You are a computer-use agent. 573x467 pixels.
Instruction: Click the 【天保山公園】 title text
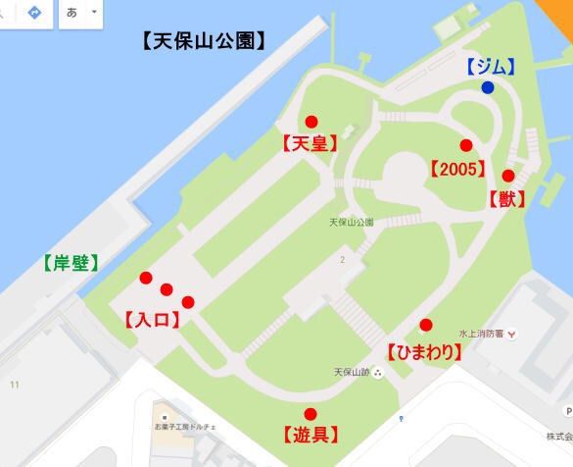pyautogui.click(x=204, y=41)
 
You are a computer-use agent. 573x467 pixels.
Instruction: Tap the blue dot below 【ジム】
pyautogui.click(x=487, y=87)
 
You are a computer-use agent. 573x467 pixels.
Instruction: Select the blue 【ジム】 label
pyautogui.click(x=490, y=67)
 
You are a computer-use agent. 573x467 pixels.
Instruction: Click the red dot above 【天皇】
pyautogui.click(x=311, y=122)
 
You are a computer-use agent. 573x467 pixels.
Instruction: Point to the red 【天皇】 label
pyautogui.click(x=310, y=143)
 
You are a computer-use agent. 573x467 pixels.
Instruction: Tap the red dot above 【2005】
pyautogui.click(x=466, y=145)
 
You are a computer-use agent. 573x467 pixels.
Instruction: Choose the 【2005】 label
pyautogui.click(x=457, y=168)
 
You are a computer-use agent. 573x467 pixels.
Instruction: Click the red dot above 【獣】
pyautogui.click(x=507, y=177)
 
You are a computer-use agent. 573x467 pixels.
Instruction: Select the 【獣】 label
pyautogui.click(x=506, y=199)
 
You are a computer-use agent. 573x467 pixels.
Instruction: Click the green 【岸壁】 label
pyautogui.click(x=70, y=263)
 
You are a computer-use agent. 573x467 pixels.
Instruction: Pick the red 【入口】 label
pyautogui.click(x=152, y=319)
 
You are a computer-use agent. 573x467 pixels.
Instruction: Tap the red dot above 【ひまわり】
pyautogui.click(x=426, y=326)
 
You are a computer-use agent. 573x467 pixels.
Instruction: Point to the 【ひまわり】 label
pyautogui.click(x=423, y=351)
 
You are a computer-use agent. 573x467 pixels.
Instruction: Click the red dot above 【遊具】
pyautogui.click(x=310, y=413)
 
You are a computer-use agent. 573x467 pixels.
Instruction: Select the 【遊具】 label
pyautogui.click(x=310, y=435)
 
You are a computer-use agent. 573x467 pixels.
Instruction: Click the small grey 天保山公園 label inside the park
pyautogui.click(x=351, y=223)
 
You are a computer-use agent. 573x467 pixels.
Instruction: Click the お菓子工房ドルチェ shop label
pyautogui.click(x=186, y=428)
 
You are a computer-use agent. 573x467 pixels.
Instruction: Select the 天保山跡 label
pyautogui.click(x=351, y=373)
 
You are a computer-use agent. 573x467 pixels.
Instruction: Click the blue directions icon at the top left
pyautogui.click(x=34, y=13)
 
